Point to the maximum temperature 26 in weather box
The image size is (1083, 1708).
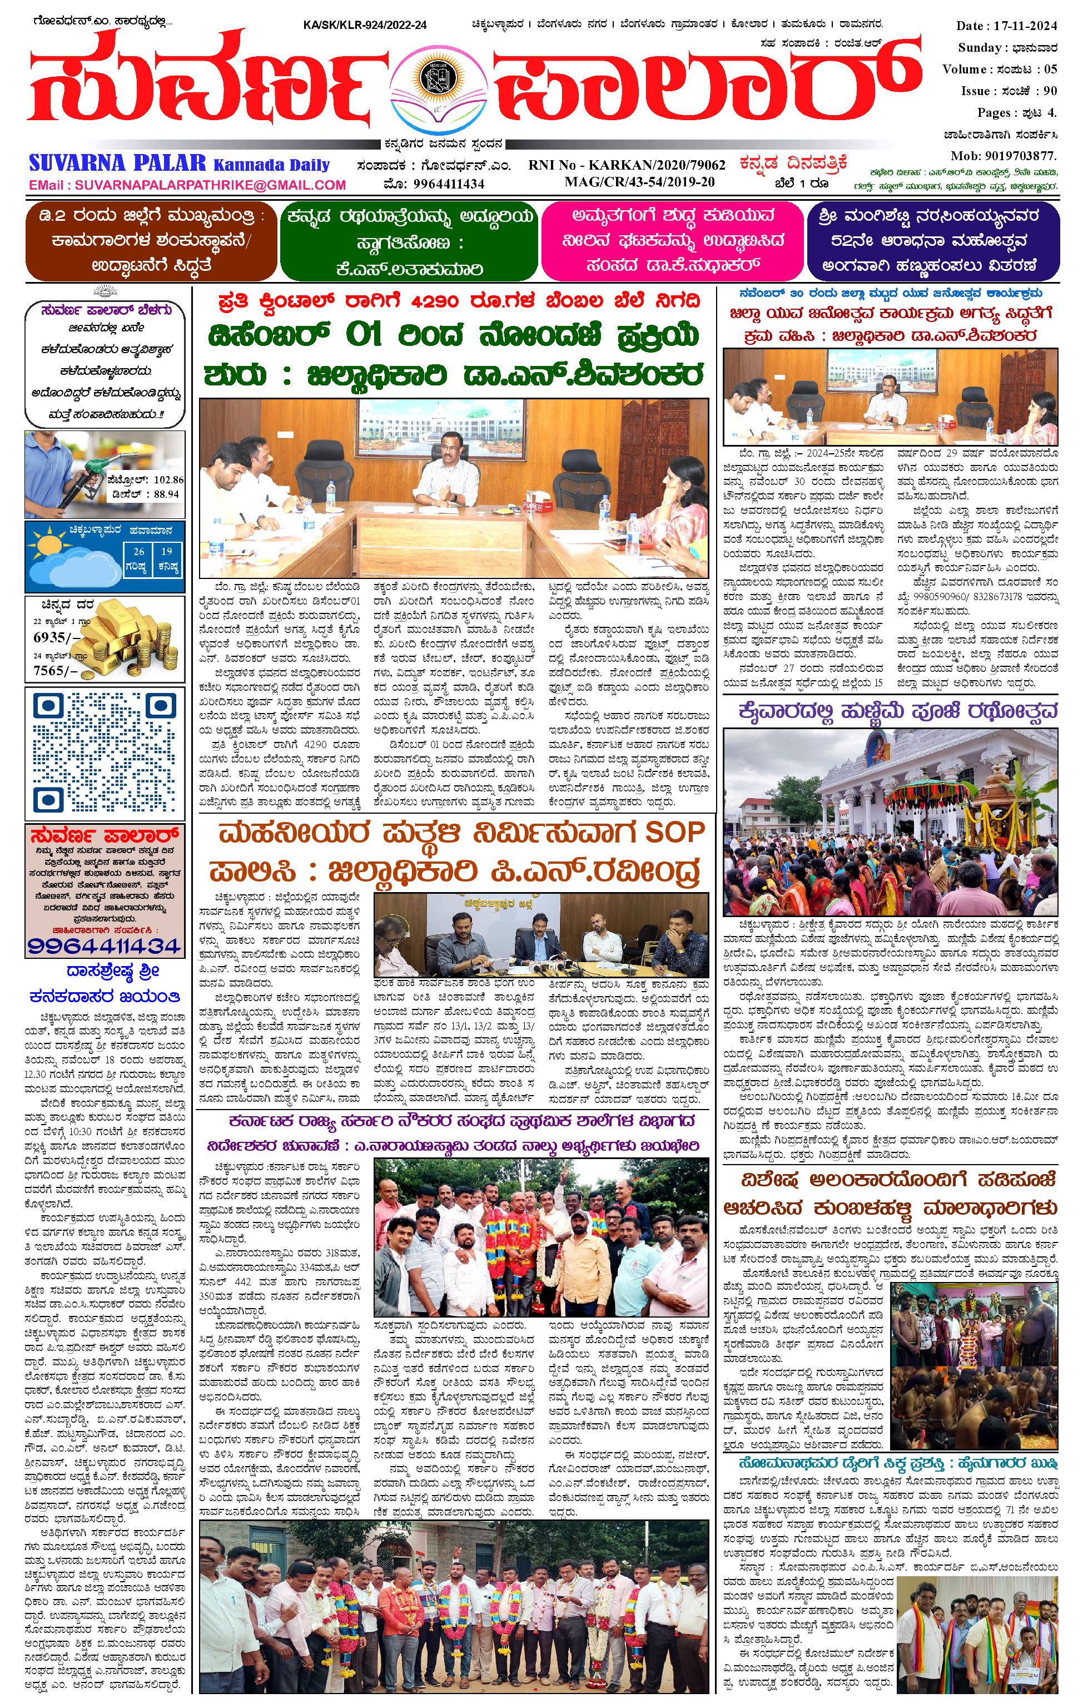point(139,552)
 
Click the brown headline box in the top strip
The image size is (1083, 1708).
point(149,241)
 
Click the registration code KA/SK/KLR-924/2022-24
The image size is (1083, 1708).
point(365,26)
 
